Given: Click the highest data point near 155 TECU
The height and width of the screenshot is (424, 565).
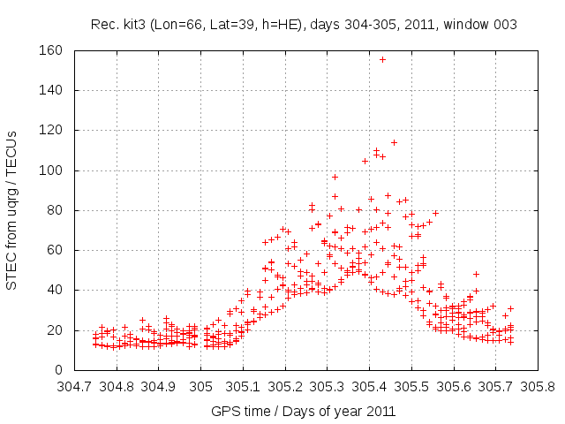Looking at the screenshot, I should click(382, 59).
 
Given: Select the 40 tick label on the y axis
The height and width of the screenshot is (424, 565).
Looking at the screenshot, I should click(54, 290).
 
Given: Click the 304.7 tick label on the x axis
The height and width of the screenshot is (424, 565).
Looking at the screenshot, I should click(74, 387).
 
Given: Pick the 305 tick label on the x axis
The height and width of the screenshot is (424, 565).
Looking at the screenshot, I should click(201, 387).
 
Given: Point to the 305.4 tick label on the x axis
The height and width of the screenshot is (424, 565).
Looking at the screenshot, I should click(369, 387).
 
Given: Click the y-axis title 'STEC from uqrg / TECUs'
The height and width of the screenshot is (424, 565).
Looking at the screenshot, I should click(12, 210).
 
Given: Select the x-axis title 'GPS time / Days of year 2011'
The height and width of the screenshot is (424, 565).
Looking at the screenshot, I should click(304, 412).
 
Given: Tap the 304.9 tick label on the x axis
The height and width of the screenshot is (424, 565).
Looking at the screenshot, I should click(159, 387).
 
